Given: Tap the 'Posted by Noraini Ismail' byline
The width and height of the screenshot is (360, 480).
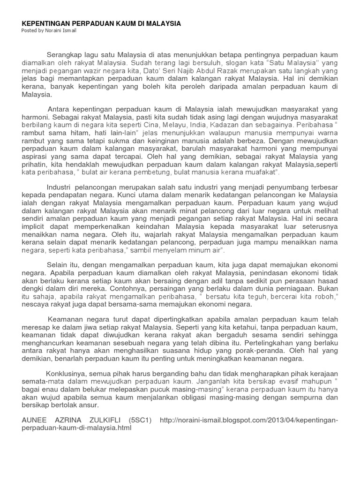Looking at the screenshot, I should coord(49,30).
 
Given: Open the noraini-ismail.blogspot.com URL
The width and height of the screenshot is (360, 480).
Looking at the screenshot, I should coord(249,420).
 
